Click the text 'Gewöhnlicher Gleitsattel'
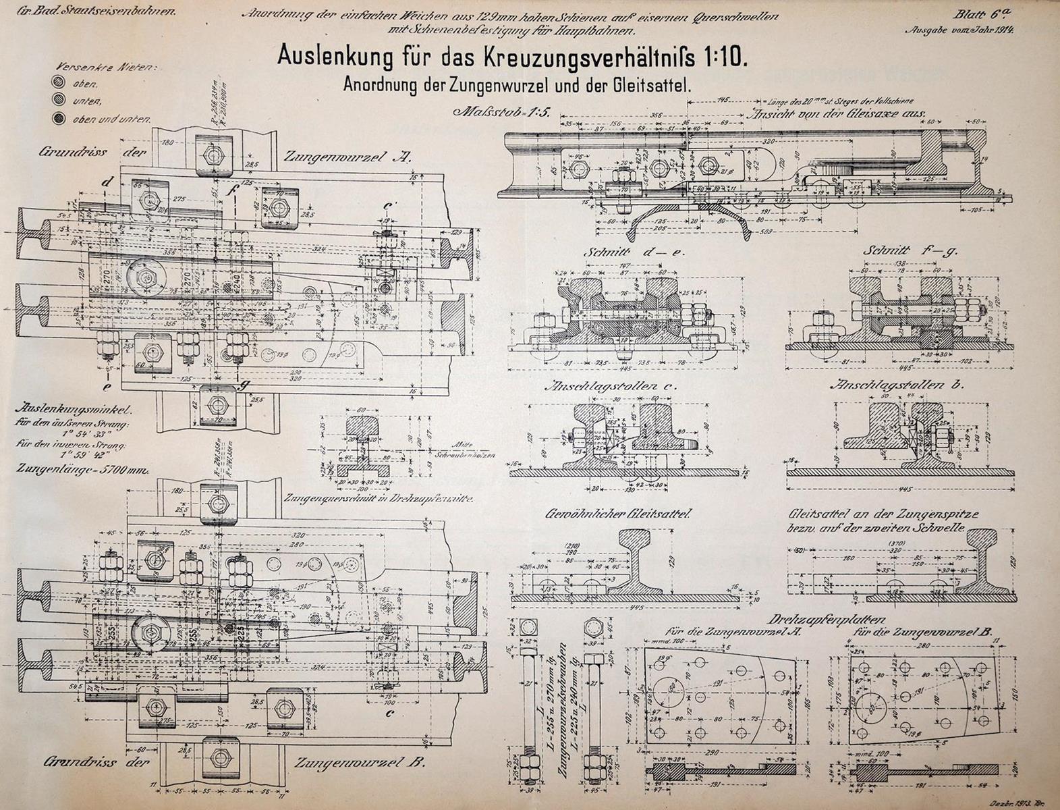pos(620,514)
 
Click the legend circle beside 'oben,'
pos(59,84)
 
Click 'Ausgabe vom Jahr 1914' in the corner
pos(961,30)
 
